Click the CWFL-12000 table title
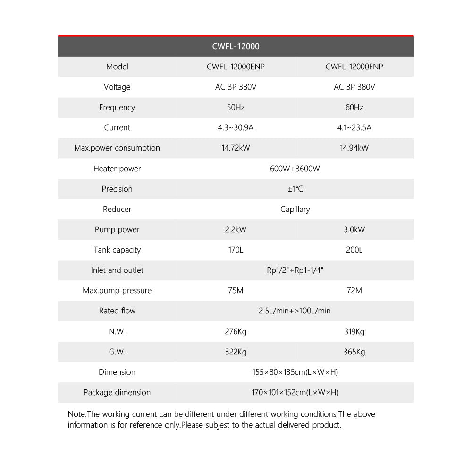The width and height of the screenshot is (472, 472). [236, 46]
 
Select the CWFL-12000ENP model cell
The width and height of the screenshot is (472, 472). [236, 67]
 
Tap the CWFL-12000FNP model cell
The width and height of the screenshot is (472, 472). [354, 67]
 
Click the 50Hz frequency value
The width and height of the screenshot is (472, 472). [236, 107]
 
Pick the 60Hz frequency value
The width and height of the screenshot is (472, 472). [354, 107]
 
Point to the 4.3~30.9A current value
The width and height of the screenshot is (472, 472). [236, 127]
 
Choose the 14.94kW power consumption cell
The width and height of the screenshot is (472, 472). [354, 148]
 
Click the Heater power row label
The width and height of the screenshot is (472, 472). [117, 169]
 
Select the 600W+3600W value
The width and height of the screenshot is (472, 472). [295, 169]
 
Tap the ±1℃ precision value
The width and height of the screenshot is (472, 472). [295, 189]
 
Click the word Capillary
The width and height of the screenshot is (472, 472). [295, 209]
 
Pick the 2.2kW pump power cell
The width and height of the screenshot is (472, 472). [236, 229]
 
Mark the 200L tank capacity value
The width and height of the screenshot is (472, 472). [354, 250]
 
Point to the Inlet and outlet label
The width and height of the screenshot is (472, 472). [117, 270]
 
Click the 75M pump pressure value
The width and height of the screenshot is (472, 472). [236, 290]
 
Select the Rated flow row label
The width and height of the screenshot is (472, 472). [117, 311]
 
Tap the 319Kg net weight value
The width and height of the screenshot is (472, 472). [354, 331]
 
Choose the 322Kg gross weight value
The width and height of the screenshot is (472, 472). [236, 352]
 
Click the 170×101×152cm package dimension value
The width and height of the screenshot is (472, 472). [295, 392]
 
